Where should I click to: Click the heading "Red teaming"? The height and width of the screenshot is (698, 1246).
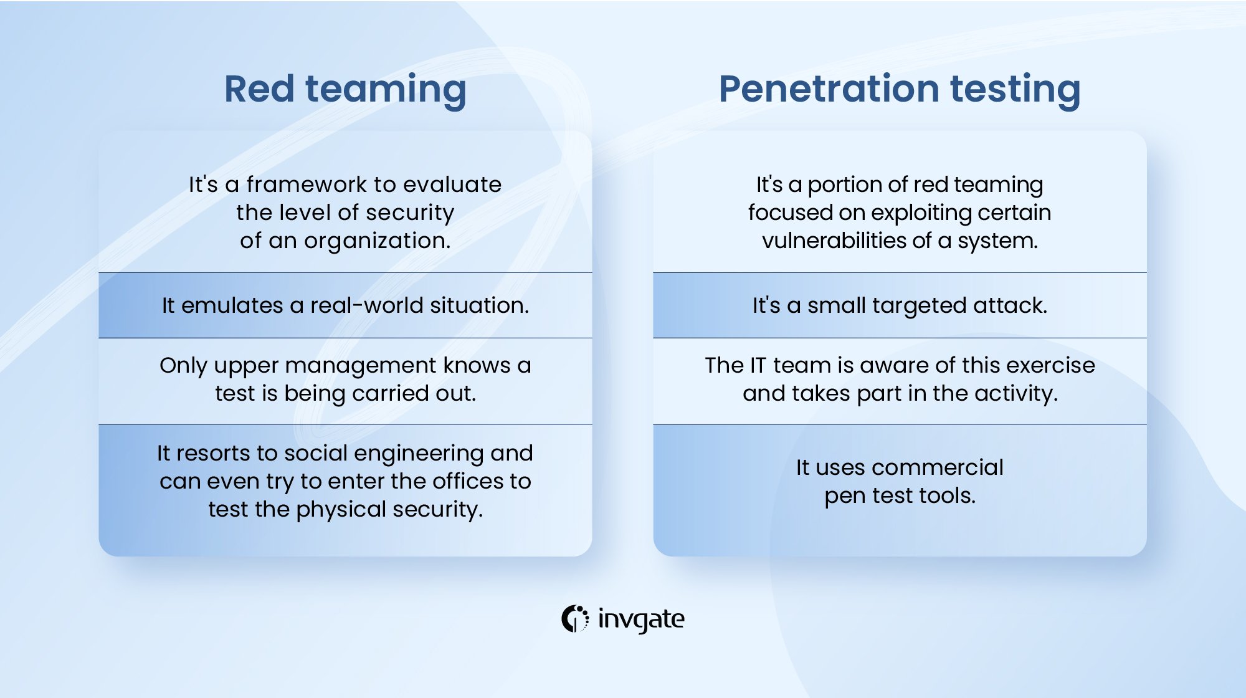tap(345, 89)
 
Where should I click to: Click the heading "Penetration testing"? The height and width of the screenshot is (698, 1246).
tap(899, 89)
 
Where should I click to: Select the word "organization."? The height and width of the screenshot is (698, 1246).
tap(377, 241)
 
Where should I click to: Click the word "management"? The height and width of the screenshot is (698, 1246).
tap(361, 366)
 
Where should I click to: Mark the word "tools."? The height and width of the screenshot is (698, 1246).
tap(947, 495)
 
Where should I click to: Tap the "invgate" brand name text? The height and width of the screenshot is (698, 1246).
tap(641, 619)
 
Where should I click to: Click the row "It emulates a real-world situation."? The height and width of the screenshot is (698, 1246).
tap(345, 305)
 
